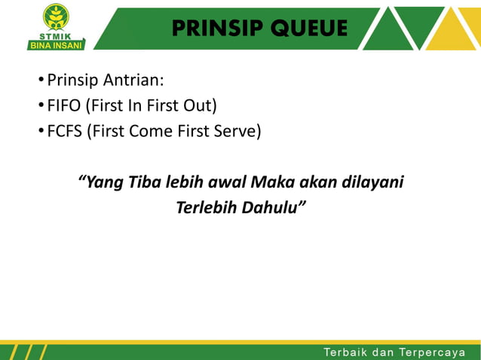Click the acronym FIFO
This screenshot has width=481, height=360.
tap(63, 105)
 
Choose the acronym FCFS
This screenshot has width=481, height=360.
tap(65, 132)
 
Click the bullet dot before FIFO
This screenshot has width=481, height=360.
tap(41, 106)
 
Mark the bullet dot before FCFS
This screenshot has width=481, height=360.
tap(41, 133)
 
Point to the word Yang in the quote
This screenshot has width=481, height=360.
tap(102, 182)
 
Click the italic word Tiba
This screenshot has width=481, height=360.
tap(145, 182)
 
